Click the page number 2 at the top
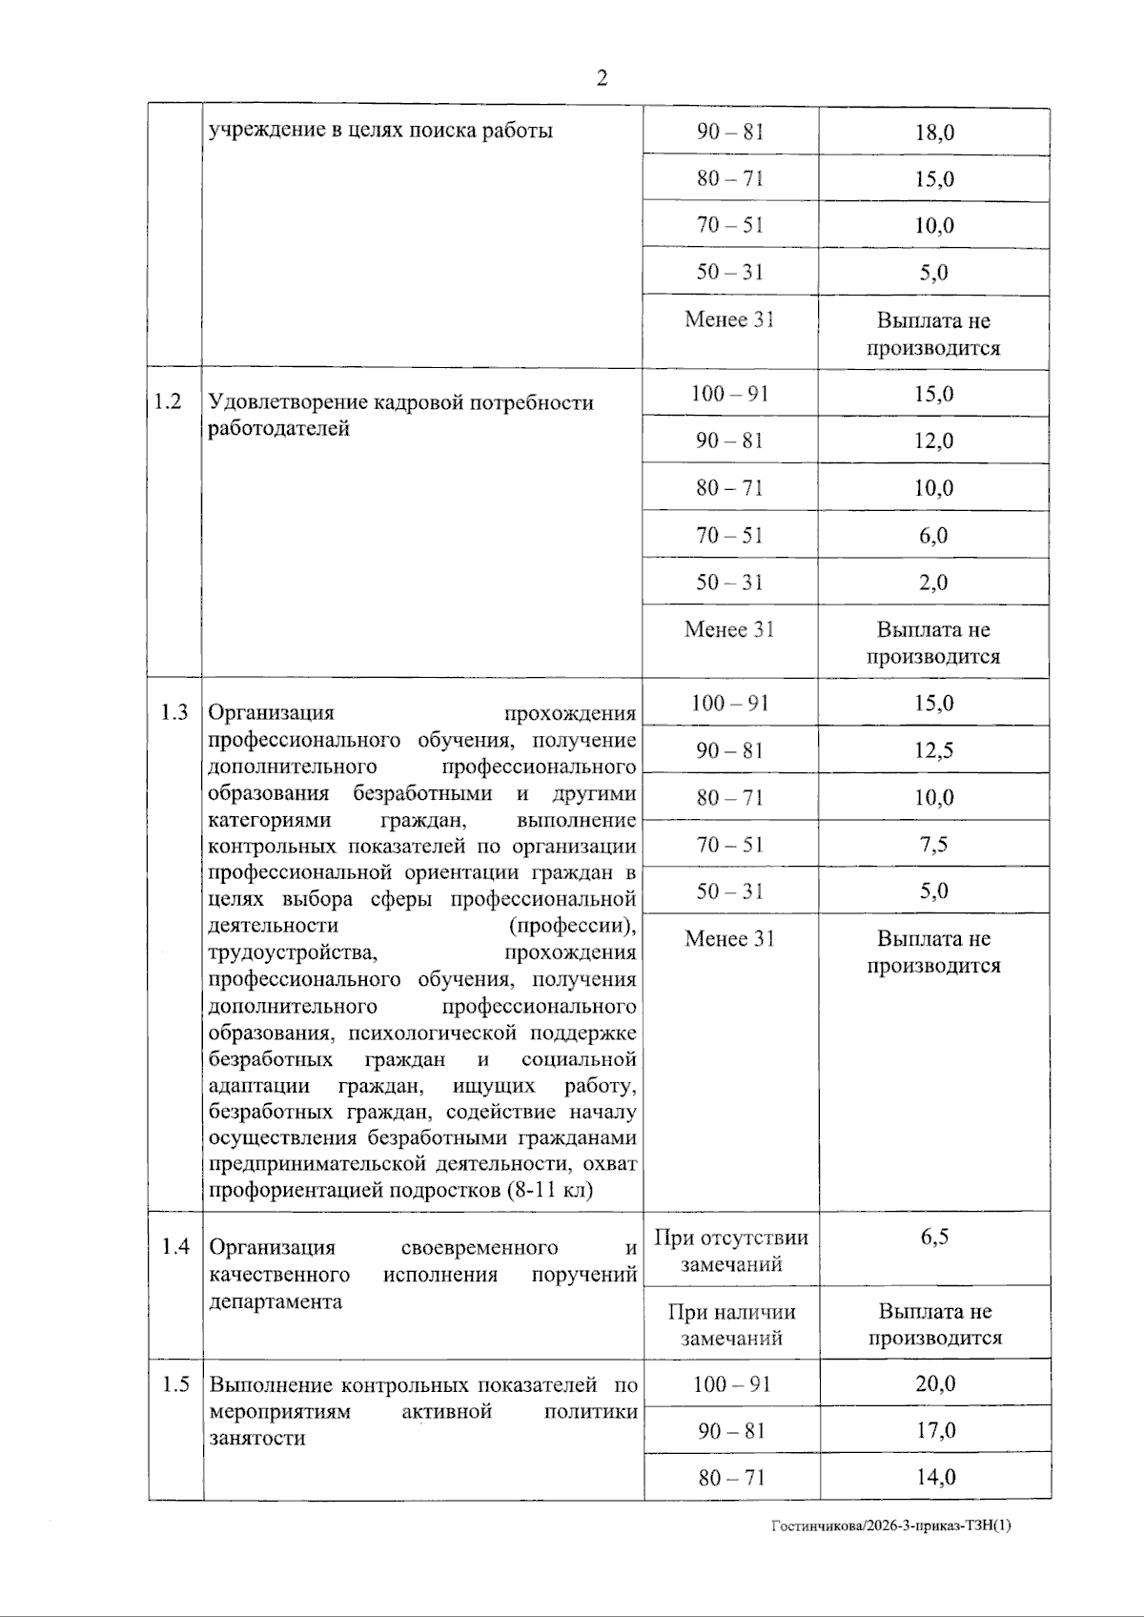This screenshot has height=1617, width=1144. pos(602,78)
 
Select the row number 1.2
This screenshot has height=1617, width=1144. pos(168,401)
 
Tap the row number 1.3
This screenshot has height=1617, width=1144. pos(174,712)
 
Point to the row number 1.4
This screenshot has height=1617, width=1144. pos(175,1246)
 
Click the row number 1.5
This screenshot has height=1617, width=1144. pos(175,1383)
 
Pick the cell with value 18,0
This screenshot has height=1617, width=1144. pos(934,133)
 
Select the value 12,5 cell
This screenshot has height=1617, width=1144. pos(934,750)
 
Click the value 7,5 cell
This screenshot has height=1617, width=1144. pos(934,844)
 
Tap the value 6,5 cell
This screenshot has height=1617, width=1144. pos(934,1237)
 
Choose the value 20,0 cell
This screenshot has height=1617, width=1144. pos(935,1383)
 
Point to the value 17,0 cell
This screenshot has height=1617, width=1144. pos(935,1430)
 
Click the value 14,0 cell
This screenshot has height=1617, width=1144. pos(935,1477)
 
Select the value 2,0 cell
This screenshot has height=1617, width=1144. pos(934,582)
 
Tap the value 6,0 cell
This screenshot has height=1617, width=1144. pos(934,535)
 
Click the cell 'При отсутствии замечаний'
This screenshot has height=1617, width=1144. pos(731,1250)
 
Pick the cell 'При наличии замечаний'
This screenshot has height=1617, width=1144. pos(731,1324)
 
